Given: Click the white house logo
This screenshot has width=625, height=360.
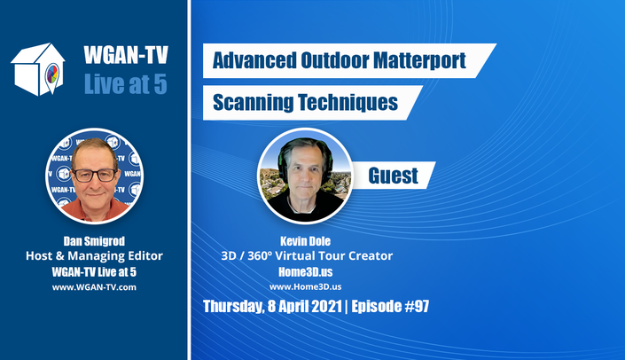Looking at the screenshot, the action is pos(37,69).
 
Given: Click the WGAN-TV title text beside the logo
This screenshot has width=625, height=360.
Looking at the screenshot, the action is pos(126,55).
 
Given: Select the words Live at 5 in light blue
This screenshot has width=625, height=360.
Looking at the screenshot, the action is pos(126,83).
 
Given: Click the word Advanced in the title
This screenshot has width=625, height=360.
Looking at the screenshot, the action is pos(254,60).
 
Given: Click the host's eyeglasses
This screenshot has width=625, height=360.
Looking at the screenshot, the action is pos(95,175).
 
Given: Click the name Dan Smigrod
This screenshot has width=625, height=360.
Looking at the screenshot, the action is pos(94,241).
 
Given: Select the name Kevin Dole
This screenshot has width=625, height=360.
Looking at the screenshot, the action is pos(305,241).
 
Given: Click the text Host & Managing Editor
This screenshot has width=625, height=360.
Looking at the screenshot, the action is pos(95,256).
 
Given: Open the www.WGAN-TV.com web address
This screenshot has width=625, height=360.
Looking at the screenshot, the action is pos(94,287).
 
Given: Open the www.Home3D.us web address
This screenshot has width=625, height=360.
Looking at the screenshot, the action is pos(305,286).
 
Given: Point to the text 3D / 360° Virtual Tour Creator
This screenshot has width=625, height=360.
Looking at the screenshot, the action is pos(307,256).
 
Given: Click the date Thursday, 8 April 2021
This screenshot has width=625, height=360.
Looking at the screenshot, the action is pos(273,307).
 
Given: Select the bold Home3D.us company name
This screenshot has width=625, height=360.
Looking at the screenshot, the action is pos(305,272).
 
